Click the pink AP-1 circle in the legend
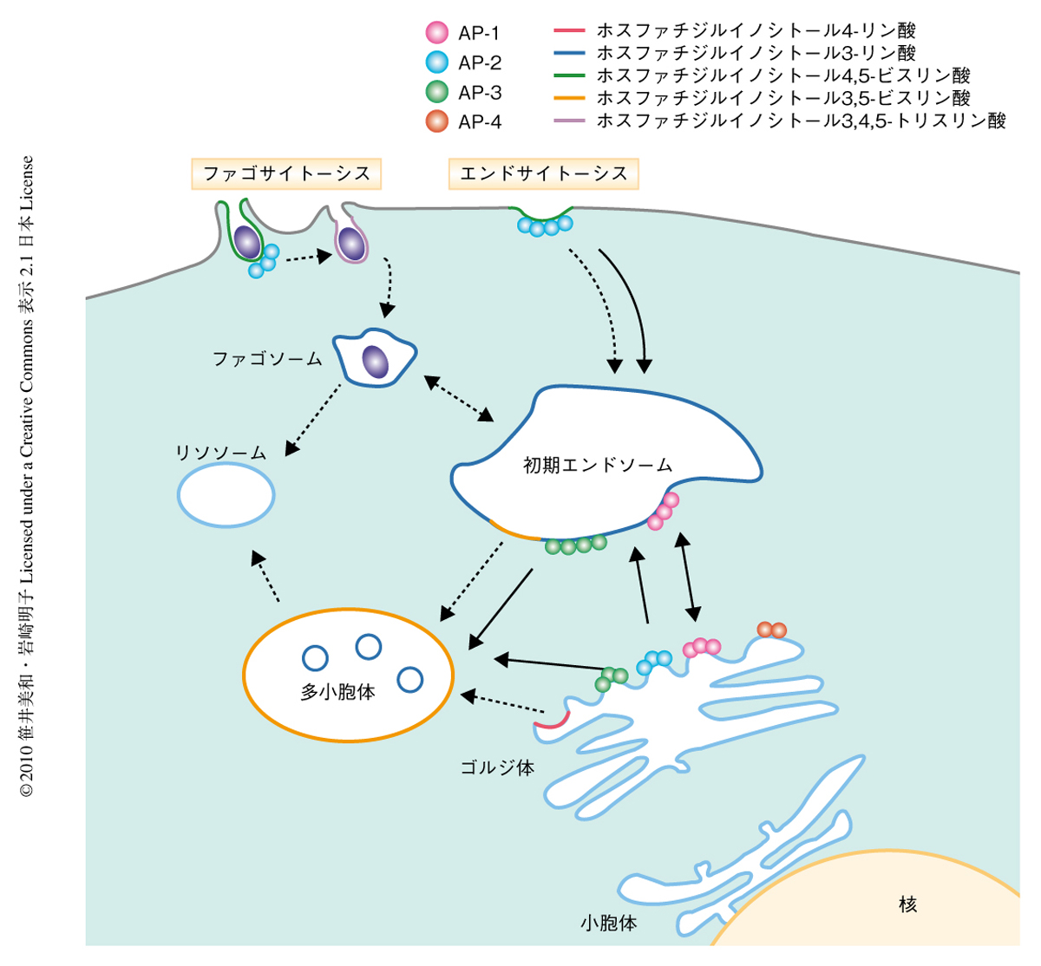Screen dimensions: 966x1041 coord(437,33)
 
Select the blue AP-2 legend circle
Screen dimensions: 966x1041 coord(437,62)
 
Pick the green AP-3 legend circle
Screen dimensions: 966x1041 coord(437,92)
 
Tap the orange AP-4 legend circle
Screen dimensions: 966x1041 coord(437,121)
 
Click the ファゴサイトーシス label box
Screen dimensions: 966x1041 coord(286,173)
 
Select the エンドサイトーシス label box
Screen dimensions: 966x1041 coord(544,173)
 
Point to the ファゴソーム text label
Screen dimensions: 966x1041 coord(267,358)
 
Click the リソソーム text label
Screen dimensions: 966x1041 coord(220,453)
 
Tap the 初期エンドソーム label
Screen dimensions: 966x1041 coord(598,466)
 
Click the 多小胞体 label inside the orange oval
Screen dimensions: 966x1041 coord(337,693)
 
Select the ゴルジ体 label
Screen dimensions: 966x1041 coord(497,767)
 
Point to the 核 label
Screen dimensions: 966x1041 coord(907,904)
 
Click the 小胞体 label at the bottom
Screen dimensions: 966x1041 coord(609,924)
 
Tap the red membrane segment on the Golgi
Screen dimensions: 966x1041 coord(553,720)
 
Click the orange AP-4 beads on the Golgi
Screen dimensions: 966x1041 coord(771,630)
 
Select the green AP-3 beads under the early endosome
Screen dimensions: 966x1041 coord(575,545)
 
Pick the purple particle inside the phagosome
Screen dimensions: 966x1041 coord(375,361)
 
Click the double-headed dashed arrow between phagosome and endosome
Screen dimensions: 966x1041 coord(457,398)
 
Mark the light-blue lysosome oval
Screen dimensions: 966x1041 coord(226,495)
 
